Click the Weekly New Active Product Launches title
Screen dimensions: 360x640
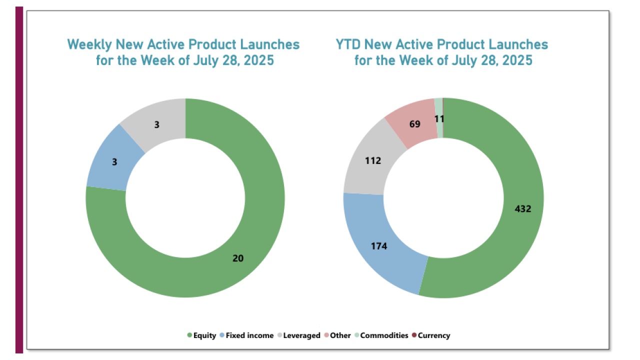click(183, 52)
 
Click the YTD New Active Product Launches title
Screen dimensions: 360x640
click(442, 52)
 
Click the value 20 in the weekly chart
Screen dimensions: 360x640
click(238, 258)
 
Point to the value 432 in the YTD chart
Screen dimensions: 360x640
click(523, 209)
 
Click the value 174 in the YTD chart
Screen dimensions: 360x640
click(378, 246)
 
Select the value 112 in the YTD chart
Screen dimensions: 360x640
click(373, 160)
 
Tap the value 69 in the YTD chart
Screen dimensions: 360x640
click(414, 124)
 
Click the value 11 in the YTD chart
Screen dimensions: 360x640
click(439, 119)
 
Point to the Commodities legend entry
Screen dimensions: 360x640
click(381, 335)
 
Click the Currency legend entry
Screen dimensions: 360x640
click(431, 335)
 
